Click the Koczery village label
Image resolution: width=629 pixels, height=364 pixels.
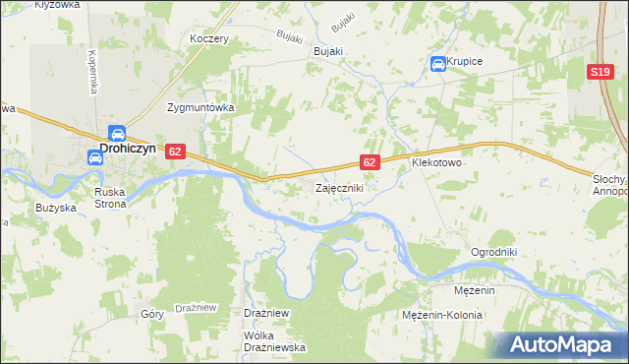(209, 39)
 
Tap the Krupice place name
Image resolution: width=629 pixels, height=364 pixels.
(464, 61)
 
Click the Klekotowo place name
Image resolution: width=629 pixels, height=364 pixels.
(436, 163)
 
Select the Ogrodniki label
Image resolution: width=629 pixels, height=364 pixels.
(493, 251)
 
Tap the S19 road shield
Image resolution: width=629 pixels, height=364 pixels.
(600, 73)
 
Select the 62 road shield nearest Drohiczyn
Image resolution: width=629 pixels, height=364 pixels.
(175, 152)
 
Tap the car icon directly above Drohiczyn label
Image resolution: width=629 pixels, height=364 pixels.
(116, 133)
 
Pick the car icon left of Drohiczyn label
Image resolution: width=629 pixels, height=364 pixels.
(94, 155)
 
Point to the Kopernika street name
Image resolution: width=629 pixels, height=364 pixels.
(91, 72)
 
